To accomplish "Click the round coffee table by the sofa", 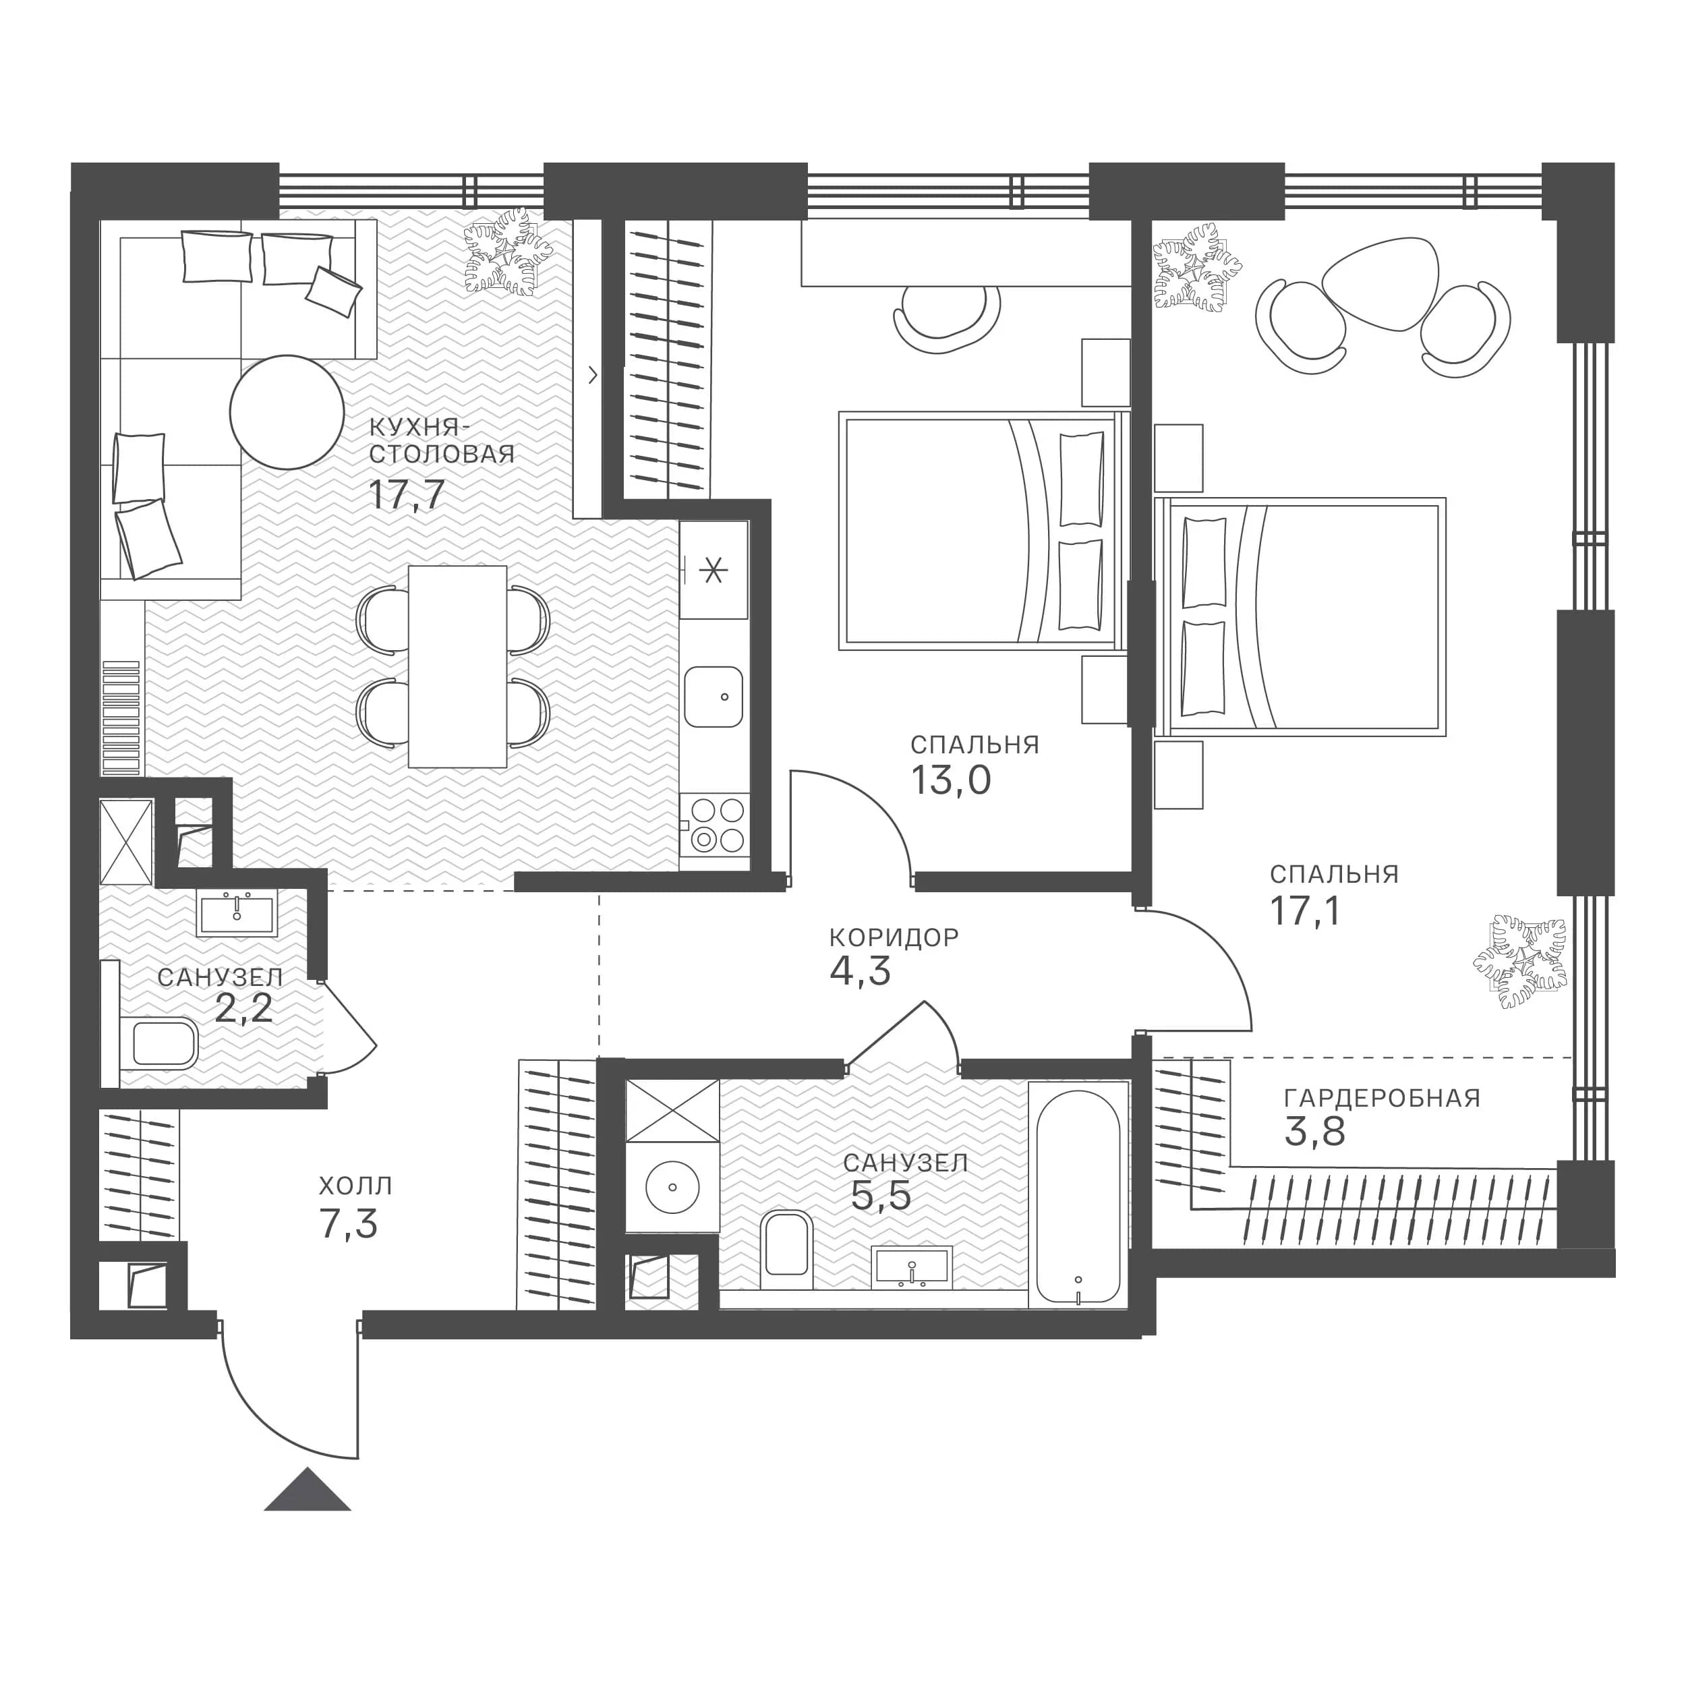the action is tap(287, 413).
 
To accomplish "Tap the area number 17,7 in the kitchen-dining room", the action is tap(407, 495).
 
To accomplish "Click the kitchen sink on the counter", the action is tap(714, 697).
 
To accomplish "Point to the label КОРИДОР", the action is tap(894, 937).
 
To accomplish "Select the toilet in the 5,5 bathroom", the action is tap(787, 1249).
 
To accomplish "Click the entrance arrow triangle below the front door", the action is tap(307, 1490).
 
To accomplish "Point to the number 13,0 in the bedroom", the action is tap(951, 780).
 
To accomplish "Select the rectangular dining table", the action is tap(457, 667).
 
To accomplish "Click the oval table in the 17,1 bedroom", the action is tap(1380, 284).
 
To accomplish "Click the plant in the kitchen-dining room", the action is tap(507, 252).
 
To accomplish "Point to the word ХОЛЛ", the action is tap(356, 1186).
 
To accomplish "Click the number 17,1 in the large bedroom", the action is tap(1305, 911).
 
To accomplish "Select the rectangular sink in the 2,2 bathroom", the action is tap(237, 914).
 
